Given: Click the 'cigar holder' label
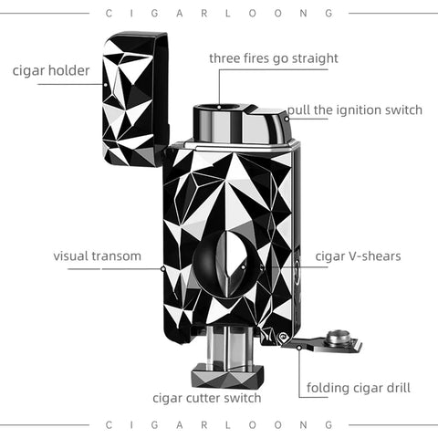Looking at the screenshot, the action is [51, 71].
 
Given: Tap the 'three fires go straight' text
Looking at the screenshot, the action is [274, 58].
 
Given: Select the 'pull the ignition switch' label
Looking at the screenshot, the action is [355, 109].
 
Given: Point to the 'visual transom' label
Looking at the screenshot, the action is [97, 256].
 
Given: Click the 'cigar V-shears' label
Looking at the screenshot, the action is [358, 256].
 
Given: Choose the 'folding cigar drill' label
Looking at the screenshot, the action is [359, 388].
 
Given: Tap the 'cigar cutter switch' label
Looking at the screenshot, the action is [207, 398].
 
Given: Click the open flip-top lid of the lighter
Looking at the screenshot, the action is [135, 99].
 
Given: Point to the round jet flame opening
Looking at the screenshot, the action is [219, 108].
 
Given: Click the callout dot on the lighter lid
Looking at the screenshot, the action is [106, 85].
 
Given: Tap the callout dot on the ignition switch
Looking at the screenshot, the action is [287, 119].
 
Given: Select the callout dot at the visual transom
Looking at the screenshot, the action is [162, 268].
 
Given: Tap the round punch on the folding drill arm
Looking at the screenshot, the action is [338, 337].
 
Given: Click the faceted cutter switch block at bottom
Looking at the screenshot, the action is [227, 376].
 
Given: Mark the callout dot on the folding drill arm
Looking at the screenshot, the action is [299, 348].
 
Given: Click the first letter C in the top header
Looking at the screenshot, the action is [109, 14].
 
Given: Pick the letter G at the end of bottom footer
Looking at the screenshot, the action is [329, 424].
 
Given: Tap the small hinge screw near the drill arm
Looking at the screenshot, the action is [283, 337].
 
